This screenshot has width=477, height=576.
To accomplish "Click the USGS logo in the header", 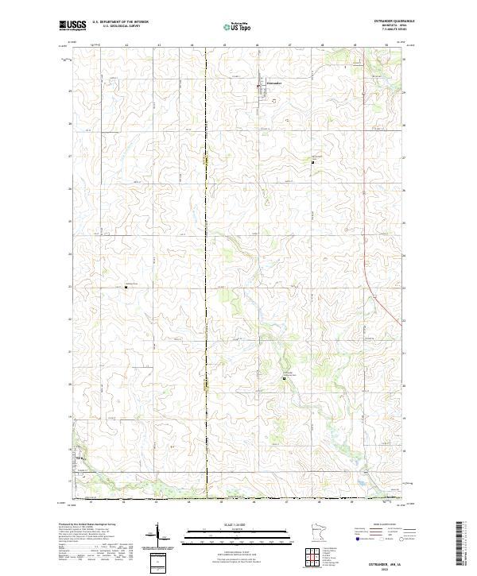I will coord(74,25).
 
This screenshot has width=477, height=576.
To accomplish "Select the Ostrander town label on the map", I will coord(273,81).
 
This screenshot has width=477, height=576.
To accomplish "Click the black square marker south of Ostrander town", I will coord(312,162).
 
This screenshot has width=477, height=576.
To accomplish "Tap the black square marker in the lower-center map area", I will coord(285,380).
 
